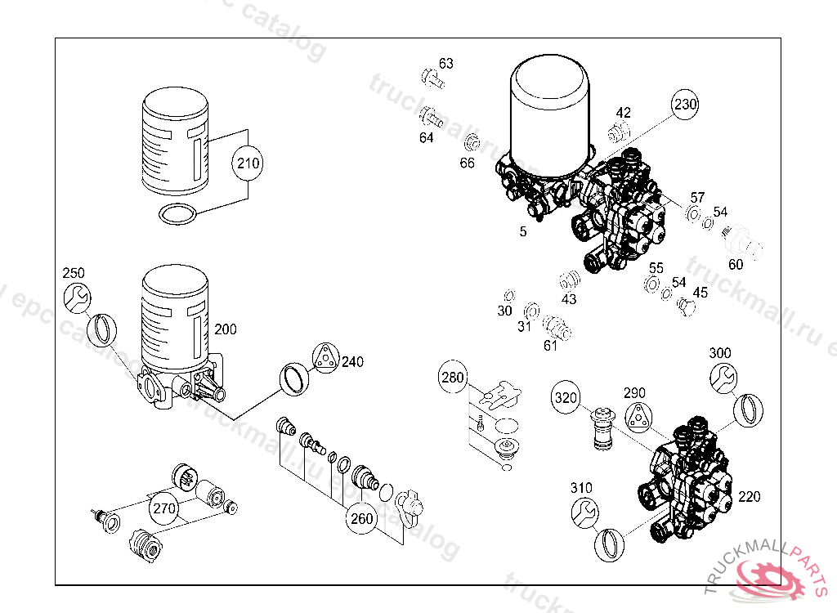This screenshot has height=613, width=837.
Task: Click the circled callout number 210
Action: click(x=248, y=163)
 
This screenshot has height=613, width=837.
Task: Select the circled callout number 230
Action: click(x=685, y=105)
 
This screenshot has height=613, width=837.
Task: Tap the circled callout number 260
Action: click(x=361, y=518)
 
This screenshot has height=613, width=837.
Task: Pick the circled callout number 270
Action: click(x=163, y=508)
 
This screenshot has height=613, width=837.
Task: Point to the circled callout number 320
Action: click(x=566, y=398)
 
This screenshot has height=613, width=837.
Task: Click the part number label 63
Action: click(x=445, y=64)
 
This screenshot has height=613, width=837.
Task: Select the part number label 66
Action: click(x=467, y=163)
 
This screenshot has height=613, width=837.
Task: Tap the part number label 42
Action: click(x=624, y=113)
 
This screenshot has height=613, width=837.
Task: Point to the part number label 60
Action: click(x=736, y=264)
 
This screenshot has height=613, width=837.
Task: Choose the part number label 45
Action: click(x=700, y=293)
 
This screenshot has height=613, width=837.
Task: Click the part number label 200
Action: click(x=226, y=329)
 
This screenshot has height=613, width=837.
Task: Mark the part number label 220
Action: click(x=749, y=496)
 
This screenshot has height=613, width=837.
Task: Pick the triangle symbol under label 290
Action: click(x=638, y=417)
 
